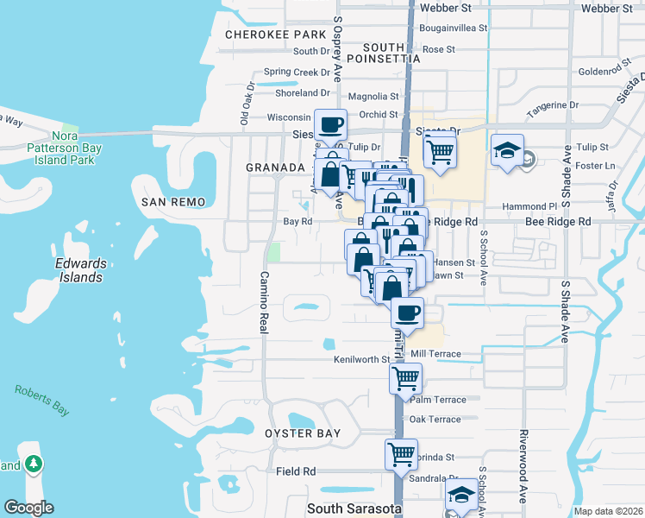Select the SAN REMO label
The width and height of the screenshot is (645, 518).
tap(173, 202)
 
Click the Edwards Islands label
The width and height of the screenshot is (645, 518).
tap(78, 270)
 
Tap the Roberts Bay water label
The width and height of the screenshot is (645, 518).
tap(41, 400)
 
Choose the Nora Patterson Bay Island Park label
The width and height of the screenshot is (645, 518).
tap(65, 148)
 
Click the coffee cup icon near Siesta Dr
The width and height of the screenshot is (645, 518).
tap(330, 125)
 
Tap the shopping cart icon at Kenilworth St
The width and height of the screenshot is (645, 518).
tap(404, 376)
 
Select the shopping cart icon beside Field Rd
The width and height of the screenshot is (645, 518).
tap(402, 453)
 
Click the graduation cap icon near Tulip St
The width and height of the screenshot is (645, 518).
tap(507, 149)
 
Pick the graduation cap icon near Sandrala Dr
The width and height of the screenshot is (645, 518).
tap(461, 495)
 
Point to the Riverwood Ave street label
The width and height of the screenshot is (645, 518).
tap(523, 465)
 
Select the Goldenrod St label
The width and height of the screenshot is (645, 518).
tap(606, 72)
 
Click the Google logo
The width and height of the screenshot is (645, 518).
tap(28, 508)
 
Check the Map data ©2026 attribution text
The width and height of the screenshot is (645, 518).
tap(608, 511)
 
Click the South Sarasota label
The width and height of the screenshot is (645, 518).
tap(354, 509)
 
